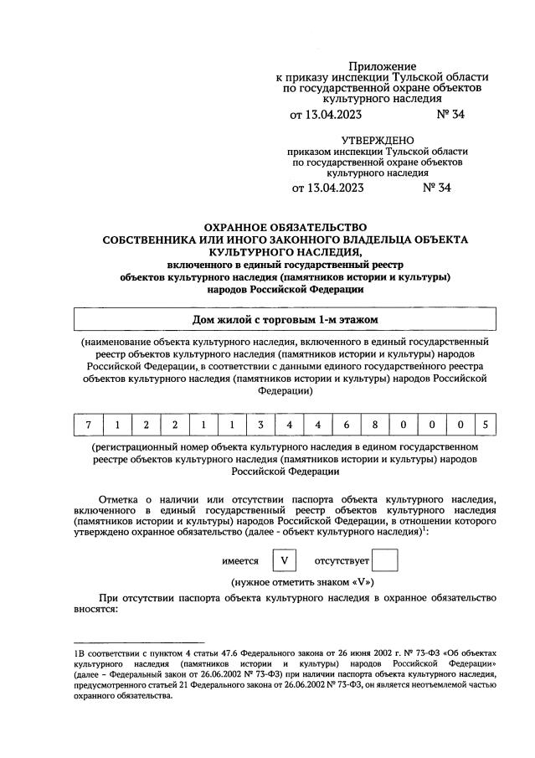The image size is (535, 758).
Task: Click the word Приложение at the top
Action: pos(382,65)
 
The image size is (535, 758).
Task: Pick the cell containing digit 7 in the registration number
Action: pos(88,425)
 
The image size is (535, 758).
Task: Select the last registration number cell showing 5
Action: pos(484,425)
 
